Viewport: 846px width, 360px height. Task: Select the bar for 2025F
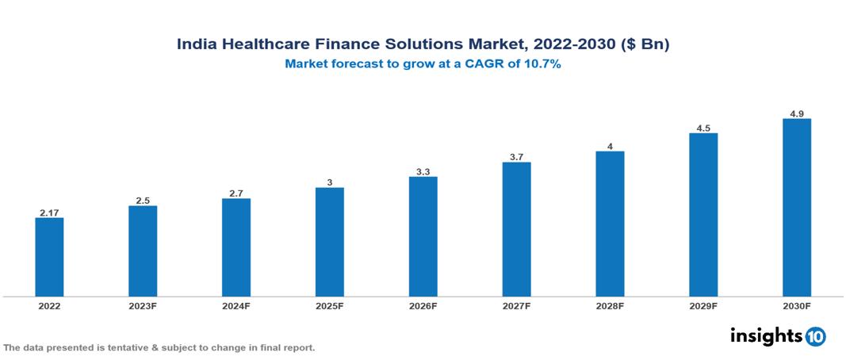(x=329, y=242)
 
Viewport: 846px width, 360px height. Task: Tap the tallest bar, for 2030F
(x=796, y=208)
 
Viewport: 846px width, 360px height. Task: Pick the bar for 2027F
(x=516, y=229)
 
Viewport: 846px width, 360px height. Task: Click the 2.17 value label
(x=49, y=212)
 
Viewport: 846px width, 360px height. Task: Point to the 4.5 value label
(x=703, y=127)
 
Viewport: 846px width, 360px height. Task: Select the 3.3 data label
(x=423, y=170)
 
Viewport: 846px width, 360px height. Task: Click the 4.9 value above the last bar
(x=797, y=113)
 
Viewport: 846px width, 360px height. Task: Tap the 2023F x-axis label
(x=143, y=305)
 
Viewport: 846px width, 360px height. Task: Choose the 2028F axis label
(x=610, y=305)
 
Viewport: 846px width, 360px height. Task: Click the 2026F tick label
(x=423, y=305)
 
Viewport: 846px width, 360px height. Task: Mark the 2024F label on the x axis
(x=236, y=305)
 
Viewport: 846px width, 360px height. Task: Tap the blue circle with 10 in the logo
(x=815, y=336)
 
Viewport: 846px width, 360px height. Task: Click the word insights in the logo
(x=766, y=335)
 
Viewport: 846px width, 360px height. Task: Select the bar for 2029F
(x=703, y=215)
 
